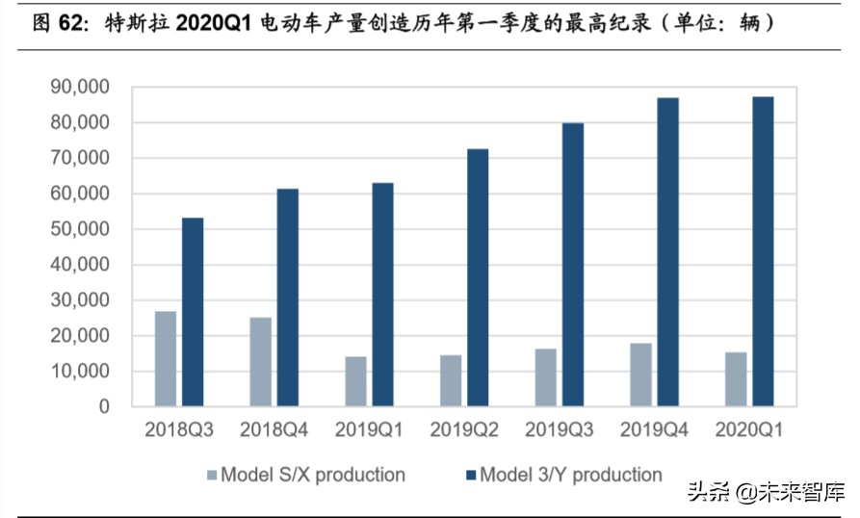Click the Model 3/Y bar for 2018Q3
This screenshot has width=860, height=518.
tap(193, 312)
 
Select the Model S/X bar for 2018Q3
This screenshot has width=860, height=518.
tap(166, 358)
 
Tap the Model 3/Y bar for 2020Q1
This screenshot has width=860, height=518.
tap(763, 251)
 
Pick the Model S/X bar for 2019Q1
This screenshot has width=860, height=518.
tap(356, 381)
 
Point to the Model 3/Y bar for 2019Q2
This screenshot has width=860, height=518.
tap(478, 277)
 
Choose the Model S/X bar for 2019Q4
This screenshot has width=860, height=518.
tap(641, 375)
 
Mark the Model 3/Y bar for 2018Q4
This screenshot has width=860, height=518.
tap(287, 298)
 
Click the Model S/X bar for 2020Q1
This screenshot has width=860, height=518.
tap(736, 379)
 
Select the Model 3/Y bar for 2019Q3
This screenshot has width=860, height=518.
tap(573, 265)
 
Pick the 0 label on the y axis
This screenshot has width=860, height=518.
tap(104, 406)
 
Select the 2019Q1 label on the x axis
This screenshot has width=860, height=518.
tap(370, 429)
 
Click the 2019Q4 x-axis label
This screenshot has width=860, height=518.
tap(655, 429)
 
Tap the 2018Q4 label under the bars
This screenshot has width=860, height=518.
tap(274, 429)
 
